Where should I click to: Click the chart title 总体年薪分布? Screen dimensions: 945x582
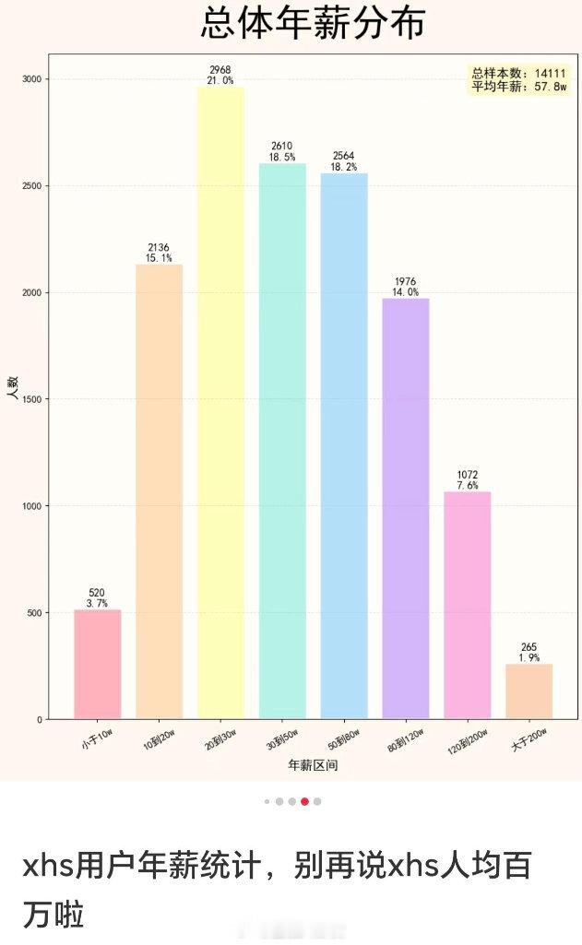click(x=313, y=23)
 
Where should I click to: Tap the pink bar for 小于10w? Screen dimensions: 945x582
click(x=97, y=664)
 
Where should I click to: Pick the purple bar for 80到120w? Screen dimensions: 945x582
click(x=406, y=508)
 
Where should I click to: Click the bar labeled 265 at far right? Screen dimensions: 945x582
click(x=529, y=691)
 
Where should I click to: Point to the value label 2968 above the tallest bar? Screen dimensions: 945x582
click(x=220, y=70)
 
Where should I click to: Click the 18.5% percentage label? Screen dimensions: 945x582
click(x=282, y=158)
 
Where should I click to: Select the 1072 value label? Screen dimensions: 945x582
click(x=468, y=475)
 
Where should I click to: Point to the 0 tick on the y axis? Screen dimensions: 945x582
click(x=39, y=719)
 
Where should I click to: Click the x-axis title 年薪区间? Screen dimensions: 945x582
click(x=313, y=765)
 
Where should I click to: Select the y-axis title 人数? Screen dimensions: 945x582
click(x=13, y=388)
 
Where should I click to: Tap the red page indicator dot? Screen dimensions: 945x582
click(x=304, y=801)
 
